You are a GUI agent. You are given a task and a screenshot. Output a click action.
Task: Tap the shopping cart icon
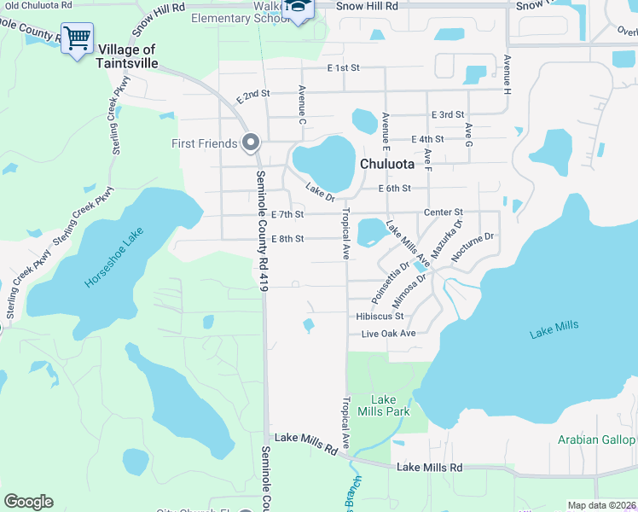pos(77,38)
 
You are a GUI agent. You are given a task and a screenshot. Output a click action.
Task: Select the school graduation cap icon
pos(299,8)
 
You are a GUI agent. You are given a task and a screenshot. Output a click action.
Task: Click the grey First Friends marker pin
pos(250,143)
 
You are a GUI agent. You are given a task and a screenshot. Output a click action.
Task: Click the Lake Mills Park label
pos(384,405)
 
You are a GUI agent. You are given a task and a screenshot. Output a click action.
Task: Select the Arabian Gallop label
pos(596,439)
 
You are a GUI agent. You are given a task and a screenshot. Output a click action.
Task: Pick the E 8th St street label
pos(287,238)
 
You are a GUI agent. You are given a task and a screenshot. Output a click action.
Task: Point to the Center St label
pos(443,212)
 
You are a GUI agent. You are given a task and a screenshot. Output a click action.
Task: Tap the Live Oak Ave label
pos(388,333)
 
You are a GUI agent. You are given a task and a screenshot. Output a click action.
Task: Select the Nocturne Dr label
pos(473,245)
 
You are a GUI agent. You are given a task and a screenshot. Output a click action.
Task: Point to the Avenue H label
pos(507,75)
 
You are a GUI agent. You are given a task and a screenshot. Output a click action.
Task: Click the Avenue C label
pos(301,104)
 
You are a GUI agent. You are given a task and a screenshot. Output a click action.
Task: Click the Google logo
pos(28,502)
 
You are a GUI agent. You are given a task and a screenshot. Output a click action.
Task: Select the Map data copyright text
pos(602,505)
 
